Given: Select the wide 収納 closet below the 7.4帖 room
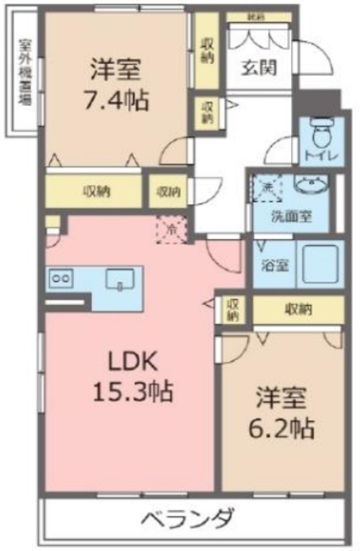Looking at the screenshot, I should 95,191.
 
